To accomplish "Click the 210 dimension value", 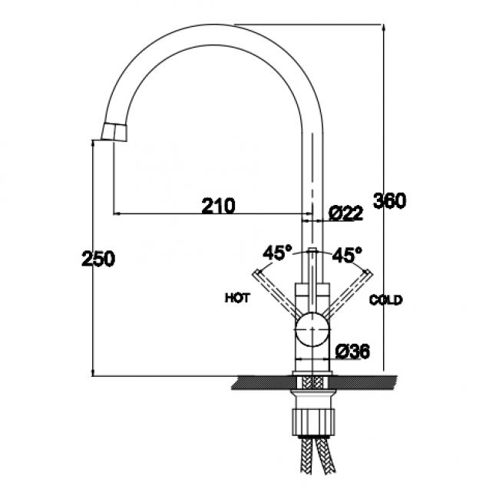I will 218,205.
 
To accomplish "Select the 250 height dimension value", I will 98,259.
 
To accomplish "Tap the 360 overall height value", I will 389,201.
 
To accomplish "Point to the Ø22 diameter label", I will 345,214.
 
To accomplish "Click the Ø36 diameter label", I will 353,352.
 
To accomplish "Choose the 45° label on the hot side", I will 278,253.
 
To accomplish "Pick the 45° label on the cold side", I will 347,254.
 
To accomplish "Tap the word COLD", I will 385,300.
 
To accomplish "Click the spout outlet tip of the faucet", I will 112,135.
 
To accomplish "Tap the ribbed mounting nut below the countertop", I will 312,418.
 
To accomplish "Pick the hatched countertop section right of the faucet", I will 365,381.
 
